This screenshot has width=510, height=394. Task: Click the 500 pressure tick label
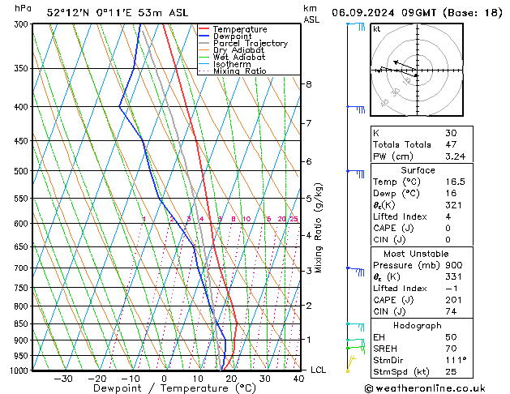pyautogui.click(x=22, y=172)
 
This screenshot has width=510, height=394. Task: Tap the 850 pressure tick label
pyautogui.click(x=22, y=324)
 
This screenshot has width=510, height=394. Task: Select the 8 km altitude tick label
pyautogui.click(x=308, y=84)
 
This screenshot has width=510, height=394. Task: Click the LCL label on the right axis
pyautogui.click(x=319, y=370)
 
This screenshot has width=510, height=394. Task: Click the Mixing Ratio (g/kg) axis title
pyautogui.click(x=319, y=227)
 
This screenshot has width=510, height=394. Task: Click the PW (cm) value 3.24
pyautogui.click(x=453, y=156)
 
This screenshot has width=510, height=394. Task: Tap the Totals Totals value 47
pyautogui.click(x=451, y=144)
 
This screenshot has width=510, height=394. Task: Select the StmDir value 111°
pyautogui.click(x=454, y=359)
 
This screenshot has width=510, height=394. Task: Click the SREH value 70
pyautogui.click(x=451, y=348)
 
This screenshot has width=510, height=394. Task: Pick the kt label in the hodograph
pyautogui.click(x=376, y=29)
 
